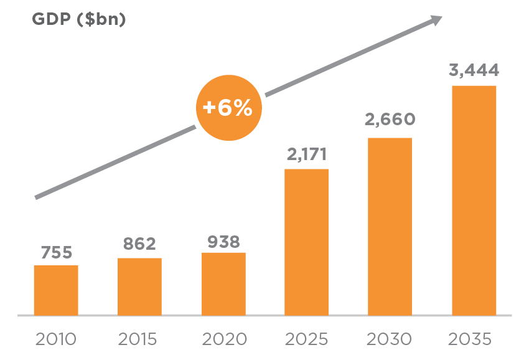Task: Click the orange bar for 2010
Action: pyautogui.click(x=56, y=290)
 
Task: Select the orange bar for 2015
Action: pyautogui.click(x=139, y=287)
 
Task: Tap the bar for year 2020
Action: pyautogui.click(x=223, y=284)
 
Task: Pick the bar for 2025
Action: pyautogui.click(x=306, y=242)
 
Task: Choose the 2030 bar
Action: pyautogui.click(x=390, y=227)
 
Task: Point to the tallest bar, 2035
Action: pyautogui.click(x=474, y=201)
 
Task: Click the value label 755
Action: pyautogui.click(x=57, y=253)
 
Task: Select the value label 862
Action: pyautogui.click(x=139, y=244)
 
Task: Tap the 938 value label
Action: pyautogui.click(x=223, y=241)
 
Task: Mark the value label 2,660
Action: pyautogui.click(x=390, y=120)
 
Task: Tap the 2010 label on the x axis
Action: pyautogui.click(x=56, y=339)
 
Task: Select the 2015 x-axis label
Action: pyautogui.click(x=139, y=339)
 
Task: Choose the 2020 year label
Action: pyautogui.click(x=224, y=339)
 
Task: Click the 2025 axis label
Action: pyautogui.click(x=307, y=339)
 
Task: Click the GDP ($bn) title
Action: pyautogui.click(x=78, y=19)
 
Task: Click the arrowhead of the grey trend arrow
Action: pyautogui.click(x=436, y=21)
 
